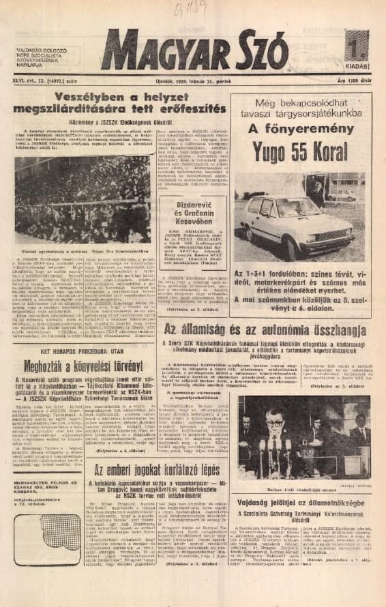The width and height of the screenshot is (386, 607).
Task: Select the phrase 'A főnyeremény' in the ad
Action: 301,130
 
